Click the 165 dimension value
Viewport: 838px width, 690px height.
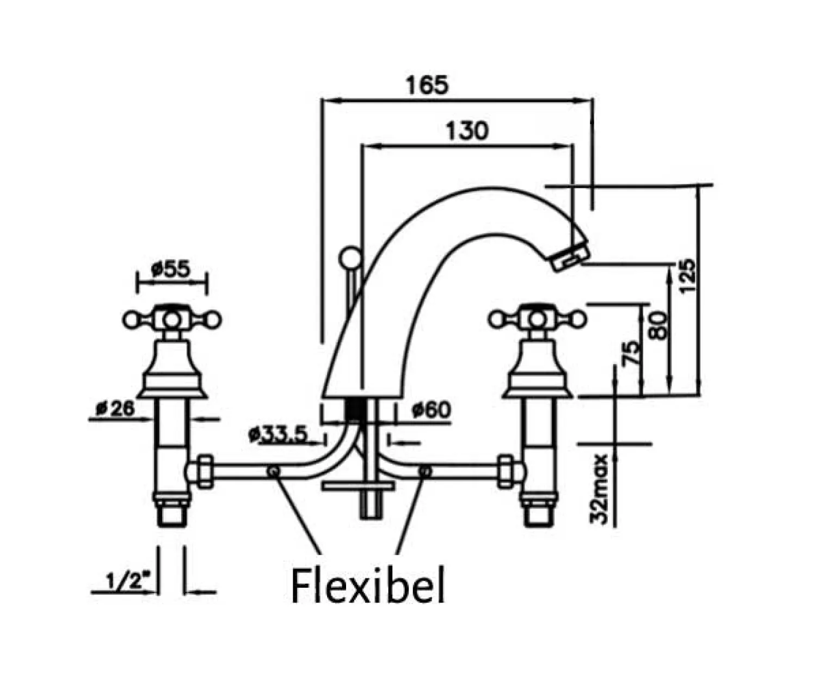click(x=427, y=85)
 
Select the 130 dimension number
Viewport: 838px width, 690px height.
click(x=467, y=131)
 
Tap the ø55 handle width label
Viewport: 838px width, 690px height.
click(x=171, y=269)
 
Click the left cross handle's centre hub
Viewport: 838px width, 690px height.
click(x=172, y=319)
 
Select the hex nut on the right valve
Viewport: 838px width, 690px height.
click(x=506, y=471)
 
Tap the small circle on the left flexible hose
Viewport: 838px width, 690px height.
click(x=273, y=471)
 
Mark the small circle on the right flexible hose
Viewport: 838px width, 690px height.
click(x=425, y=471)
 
